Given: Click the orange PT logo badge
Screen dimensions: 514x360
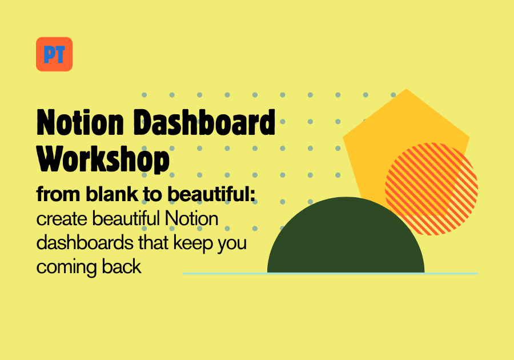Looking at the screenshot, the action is click(54, 54).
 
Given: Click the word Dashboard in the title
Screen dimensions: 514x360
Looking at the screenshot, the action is click(204, 122).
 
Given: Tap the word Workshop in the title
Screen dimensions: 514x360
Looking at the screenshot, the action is click(103, 159).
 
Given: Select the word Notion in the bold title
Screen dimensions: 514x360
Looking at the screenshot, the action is click(81, 122).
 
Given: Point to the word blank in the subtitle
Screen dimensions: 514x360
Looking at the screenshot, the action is click(112, 194).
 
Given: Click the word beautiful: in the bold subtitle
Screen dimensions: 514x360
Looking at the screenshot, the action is click(211, 194).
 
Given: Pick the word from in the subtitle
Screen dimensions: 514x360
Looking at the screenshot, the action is click(58, 194).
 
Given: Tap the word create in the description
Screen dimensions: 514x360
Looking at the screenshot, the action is click(62, 219).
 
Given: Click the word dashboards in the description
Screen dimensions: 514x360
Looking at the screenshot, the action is click(85, 243).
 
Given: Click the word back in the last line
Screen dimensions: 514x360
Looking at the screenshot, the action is click(121, 266).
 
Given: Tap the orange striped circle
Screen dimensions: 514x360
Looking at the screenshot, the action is click(431, 189).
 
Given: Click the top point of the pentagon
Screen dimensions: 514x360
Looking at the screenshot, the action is click(407, 89).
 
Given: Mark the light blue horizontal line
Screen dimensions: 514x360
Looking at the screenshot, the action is click(330, 273).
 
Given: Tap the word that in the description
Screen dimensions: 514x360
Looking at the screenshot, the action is click(154, 243).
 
